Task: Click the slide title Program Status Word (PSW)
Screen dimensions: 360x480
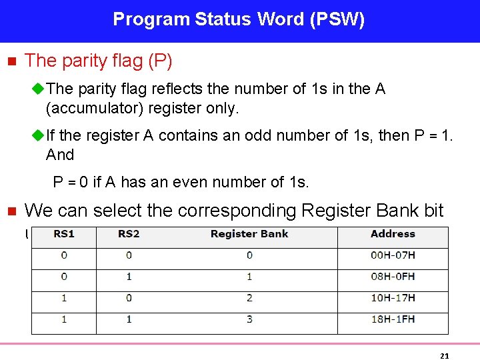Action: tap(239, 19)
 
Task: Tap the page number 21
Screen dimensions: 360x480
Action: tap(444, 356)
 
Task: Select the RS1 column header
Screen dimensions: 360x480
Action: tap(64, 234)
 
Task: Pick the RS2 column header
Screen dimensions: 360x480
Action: tap(129, 234)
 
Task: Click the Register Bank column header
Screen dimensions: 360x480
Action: tap(249, 234)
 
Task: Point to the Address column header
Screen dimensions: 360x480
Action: tap(393, 234)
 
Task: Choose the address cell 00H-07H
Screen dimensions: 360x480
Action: tap(393, 255)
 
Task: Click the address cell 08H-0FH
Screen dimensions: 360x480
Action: tap(393, 276)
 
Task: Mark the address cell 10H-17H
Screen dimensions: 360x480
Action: tap(393, 297)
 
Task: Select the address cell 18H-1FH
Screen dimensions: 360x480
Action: tap(393, 319)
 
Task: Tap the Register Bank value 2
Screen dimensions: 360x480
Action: tap(249, 297)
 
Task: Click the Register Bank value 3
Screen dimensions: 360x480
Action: tap(249, 319)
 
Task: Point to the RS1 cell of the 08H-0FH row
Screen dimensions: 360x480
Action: tap(64, 276)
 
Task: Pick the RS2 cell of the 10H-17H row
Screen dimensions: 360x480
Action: tap(129, 297)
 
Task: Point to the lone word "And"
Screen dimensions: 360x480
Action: tap(60, 155)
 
